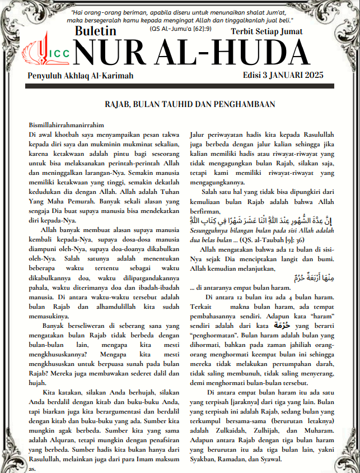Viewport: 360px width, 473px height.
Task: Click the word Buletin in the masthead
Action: [x=96, y=31]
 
